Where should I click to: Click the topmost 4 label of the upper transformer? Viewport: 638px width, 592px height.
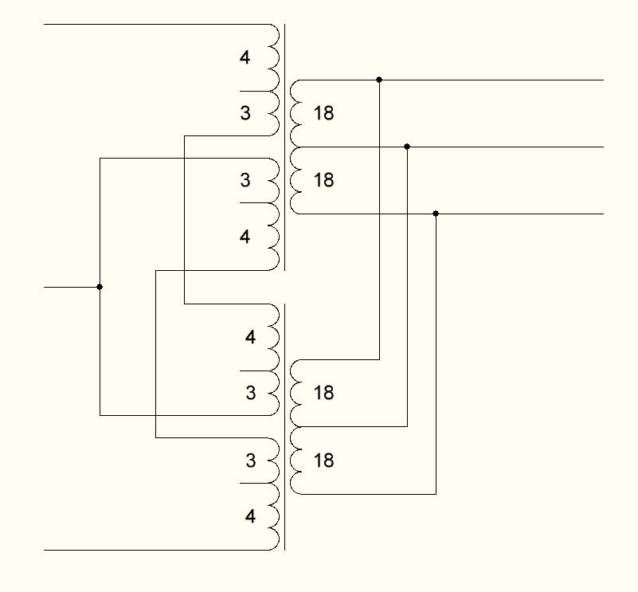coord(245,57)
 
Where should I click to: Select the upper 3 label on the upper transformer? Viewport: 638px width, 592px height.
coord(245,113)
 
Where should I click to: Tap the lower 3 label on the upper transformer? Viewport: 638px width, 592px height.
coord(245,180)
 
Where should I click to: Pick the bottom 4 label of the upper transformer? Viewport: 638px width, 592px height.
coord(245,237)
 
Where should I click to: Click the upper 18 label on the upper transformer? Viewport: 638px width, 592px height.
coord(323,113)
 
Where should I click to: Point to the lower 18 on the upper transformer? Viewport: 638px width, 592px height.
coord(323,180)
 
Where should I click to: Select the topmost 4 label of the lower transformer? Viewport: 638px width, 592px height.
coord(250,337)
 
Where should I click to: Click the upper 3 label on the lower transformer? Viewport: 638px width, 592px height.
coord(251,393)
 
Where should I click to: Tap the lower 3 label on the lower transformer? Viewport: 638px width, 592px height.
coord(251,461)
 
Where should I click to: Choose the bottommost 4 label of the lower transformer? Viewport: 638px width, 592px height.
coord(250,516)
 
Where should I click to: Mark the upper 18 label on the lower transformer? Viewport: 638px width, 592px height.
coord(323,393)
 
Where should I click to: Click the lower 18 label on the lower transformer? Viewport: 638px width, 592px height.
coord(323,461)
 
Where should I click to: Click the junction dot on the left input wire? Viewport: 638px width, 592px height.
coord(100,287)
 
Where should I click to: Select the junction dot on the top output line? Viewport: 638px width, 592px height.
coord(379,80)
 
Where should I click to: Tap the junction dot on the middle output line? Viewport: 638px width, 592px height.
coord(407,147)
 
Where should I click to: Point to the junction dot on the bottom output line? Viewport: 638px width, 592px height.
coord(436,214)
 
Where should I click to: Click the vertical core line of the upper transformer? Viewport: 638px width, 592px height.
coord(284,147)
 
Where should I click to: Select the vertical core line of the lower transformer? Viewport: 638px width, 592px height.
coord(284,427)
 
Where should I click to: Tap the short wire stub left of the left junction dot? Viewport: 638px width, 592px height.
coord(72,287)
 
